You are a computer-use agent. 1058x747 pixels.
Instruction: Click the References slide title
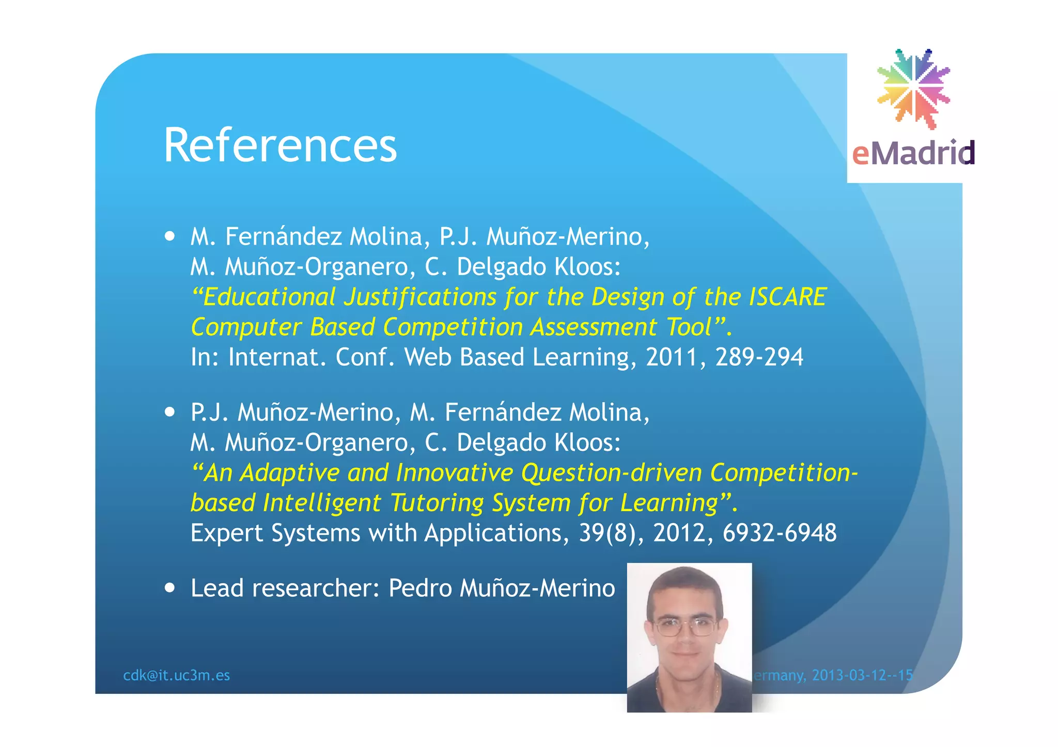click(x=280, y=146)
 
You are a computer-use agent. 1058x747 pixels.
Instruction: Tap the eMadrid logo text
click(x=913, y=153)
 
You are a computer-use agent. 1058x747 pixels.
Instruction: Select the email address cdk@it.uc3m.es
click(x=176, y=675)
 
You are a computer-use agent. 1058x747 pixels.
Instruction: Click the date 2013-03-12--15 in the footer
click(x=862, y=675)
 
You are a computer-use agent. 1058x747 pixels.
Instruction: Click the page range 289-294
click(x=759, y=357)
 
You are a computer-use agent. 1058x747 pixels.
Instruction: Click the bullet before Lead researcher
click(x=169, y=588)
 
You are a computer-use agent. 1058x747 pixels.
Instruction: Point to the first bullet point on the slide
click(x=169, y=237)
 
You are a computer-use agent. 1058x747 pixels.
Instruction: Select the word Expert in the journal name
click(x=226, y=533)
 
